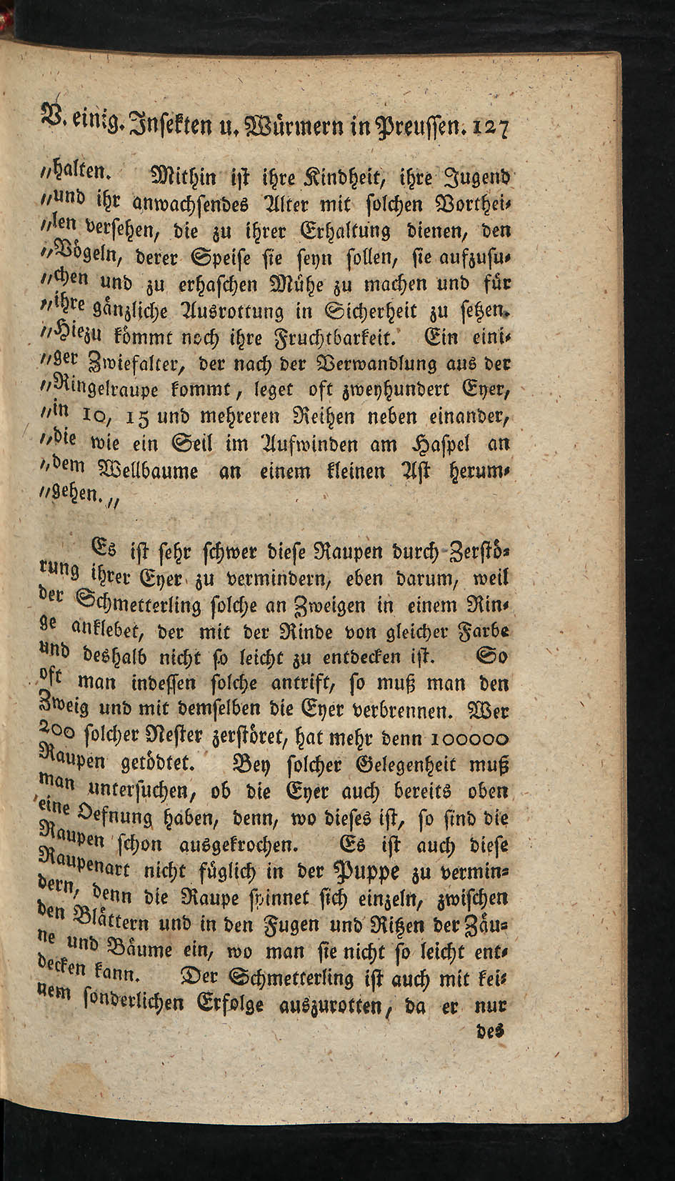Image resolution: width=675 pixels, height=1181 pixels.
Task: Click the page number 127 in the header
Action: tap(489, 130)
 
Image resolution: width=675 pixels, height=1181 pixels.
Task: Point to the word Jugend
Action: tap(478, 178)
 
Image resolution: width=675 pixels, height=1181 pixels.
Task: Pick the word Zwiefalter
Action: tap(132, 365)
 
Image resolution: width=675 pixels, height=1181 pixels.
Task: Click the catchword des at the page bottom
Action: tap(491, 1032)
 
